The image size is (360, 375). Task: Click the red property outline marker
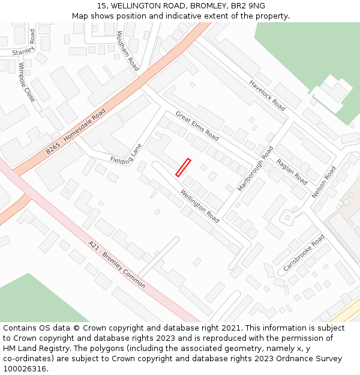183,167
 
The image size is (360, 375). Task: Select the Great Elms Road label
197,125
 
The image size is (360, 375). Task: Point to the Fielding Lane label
126,155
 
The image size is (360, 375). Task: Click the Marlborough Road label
255,168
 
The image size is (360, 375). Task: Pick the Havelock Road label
268,95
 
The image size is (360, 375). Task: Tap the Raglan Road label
292,172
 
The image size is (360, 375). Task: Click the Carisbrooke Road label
304,253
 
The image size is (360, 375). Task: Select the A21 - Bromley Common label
116,265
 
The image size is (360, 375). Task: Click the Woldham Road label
127,51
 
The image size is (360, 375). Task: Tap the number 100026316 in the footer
25,368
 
